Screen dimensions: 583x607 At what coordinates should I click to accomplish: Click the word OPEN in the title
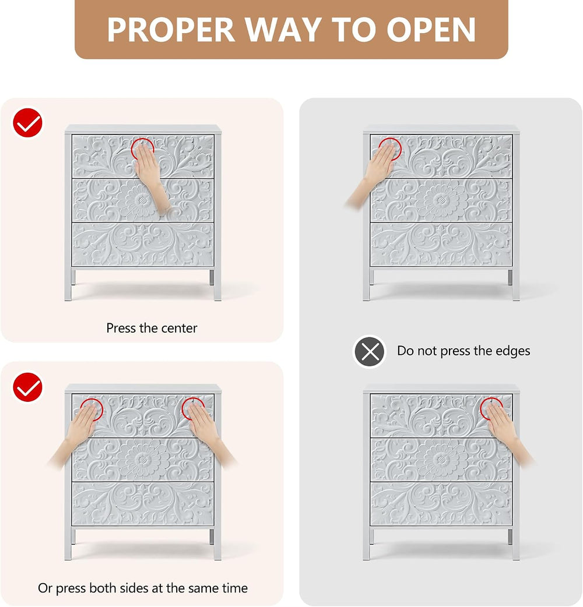[x=431, y=30]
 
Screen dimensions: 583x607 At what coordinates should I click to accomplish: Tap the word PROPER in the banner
[x=171, y=30]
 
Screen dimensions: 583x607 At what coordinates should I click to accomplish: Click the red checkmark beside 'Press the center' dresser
[x=27, y=123]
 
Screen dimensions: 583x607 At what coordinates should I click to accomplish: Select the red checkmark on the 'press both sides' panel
[x=27, y=387]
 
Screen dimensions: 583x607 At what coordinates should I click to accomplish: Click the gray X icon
[x=370, y=351]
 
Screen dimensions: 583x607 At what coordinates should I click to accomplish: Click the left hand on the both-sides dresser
[x=76, y=432]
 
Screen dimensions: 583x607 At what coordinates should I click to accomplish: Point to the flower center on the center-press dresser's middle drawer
[x=143, y=200]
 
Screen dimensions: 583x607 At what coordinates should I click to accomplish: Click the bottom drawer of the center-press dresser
[x=143, y=245]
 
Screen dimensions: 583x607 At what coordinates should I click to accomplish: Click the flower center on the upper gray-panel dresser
[x=441, y=200]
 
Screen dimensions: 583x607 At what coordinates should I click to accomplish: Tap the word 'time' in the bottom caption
[x=235, y=588]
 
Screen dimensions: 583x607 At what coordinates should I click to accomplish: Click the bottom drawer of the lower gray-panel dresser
[x=441, y=504]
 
